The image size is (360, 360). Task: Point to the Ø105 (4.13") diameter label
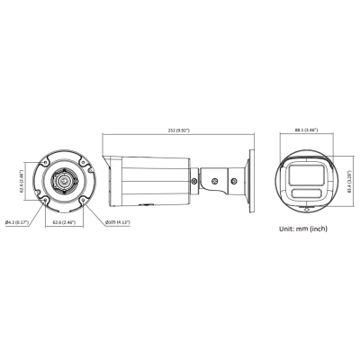point(119,221)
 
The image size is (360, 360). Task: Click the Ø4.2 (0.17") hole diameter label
point(18,221)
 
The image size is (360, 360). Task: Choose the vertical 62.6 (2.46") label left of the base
point(21,181)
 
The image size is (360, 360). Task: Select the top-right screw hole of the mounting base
point(85,163)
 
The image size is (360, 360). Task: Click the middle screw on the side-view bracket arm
point(217,181)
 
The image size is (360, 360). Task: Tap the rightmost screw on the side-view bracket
point(233,181)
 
